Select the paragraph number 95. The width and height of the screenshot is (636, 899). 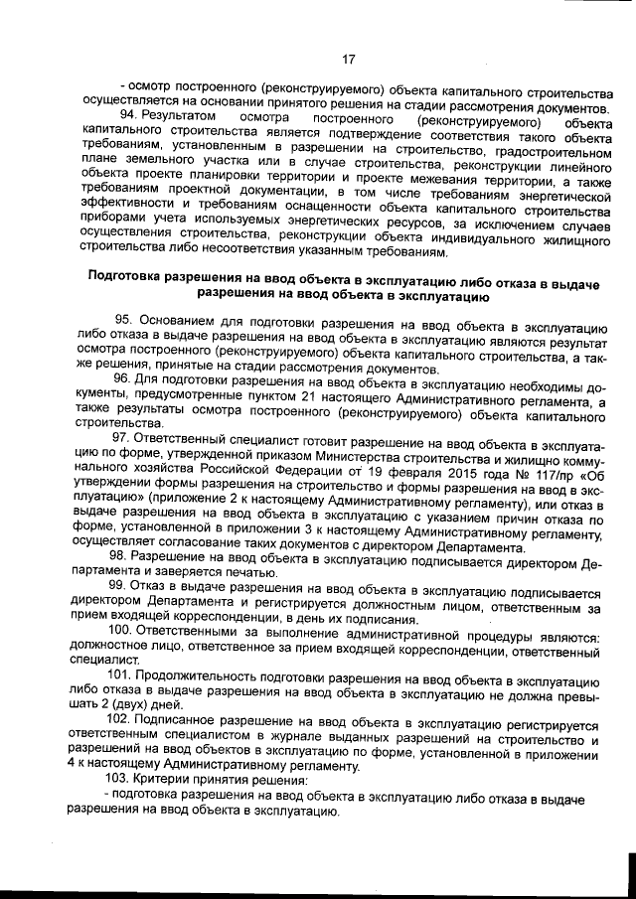(124, 321)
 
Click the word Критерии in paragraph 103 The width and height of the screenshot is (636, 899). (164, 780)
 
